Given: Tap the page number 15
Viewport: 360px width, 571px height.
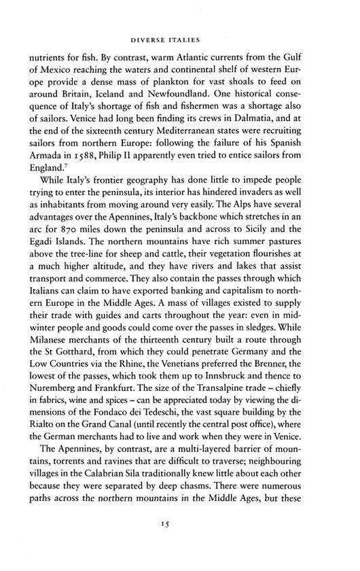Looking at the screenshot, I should [x=179, y=542].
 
